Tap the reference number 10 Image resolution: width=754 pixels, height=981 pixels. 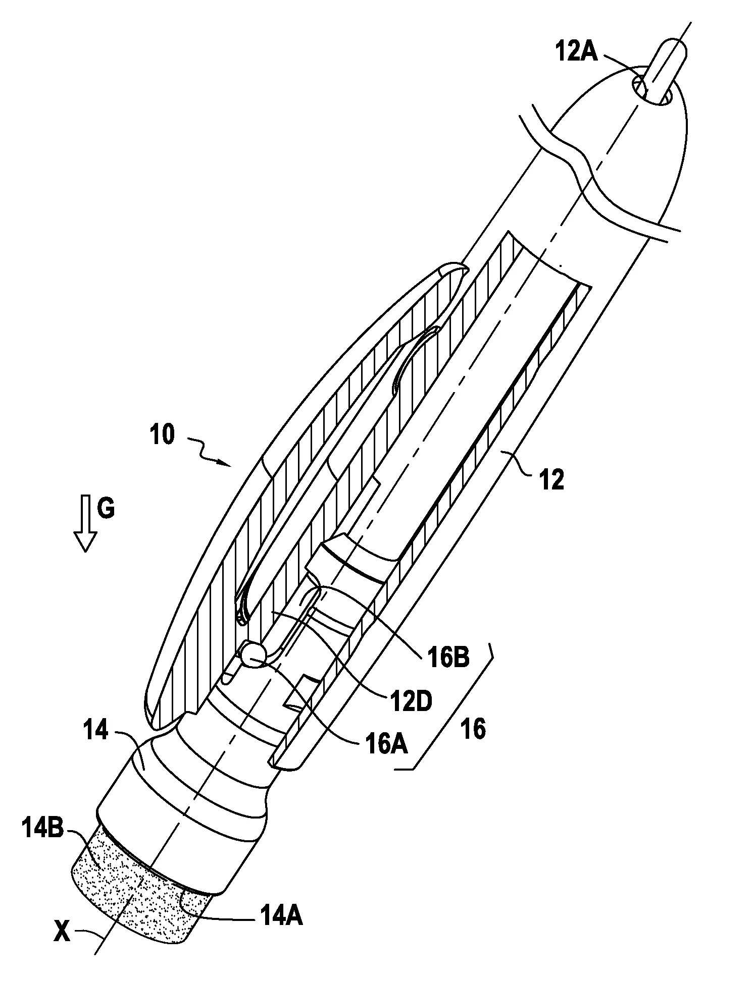click(x=161, y=435)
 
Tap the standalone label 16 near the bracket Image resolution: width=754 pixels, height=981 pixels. click(x=473, y=730)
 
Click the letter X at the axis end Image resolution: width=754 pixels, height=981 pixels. click(x=63, y=933)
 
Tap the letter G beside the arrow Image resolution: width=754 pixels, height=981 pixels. click(x=106, y=509)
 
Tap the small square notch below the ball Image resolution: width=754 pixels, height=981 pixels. click(x=303, y=692)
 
